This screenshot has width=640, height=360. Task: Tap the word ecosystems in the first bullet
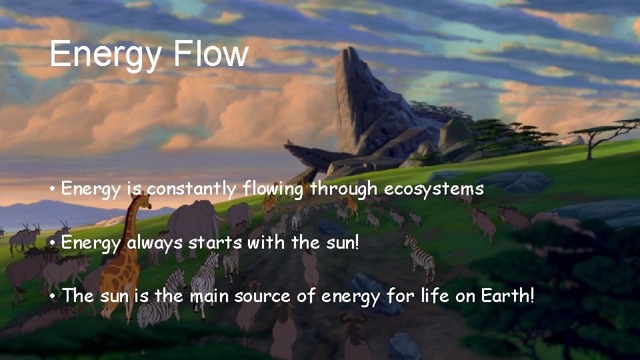click(x=433, y=189)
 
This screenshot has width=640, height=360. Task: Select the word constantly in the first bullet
click(x=191, y=189)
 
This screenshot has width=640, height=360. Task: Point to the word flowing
click(x=273, y=189)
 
